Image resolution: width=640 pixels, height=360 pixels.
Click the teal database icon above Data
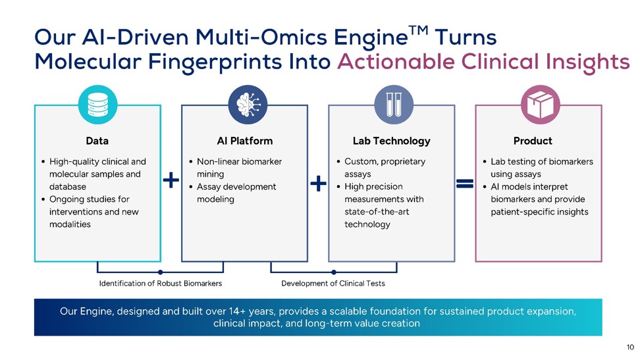pos(98,105)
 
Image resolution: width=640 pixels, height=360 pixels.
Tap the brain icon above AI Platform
pos(248,105)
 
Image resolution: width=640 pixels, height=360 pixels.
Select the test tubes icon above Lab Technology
pos(394,105)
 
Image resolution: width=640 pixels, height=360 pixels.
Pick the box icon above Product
pos(541,105)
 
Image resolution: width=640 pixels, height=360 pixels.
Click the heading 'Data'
pos(97,141)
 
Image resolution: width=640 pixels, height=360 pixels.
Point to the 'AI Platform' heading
pos(245,141)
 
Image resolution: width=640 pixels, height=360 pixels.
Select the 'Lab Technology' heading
pos(391,141)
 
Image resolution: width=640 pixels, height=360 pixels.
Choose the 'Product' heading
pos(533,141)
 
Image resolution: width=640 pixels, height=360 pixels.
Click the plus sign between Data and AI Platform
pos(171,180)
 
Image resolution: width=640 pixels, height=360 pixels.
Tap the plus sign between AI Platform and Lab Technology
pos(319,183)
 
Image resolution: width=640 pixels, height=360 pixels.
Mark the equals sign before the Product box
pos(465,184)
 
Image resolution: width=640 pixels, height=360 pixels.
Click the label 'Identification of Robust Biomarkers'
pos(161,283)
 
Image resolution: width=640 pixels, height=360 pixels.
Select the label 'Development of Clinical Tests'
pos(333,283)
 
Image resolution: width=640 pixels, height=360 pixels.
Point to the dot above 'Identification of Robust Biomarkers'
pos(161,272)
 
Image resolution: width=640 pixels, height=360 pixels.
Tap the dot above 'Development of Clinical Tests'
pos(334,272)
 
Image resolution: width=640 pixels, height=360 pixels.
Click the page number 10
pos(630,347)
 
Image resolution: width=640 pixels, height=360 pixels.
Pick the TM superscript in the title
pos(418,31)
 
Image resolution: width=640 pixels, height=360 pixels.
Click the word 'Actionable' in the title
pos(396,62)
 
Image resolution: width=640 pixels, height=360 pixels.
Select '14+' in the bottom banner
pos(237,311)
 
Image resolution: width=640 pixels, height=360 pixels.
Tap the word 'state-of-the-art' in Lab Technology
pos(377,211)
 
